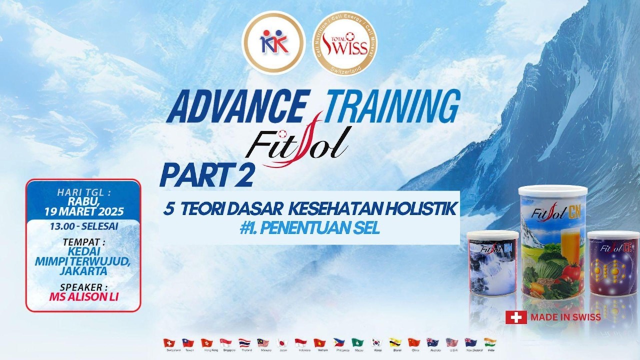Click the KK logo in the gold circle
click(x=273, y=42)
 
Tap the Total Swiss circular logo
click(x=344, y=43)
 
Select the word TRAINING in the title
click(x=392, y=105)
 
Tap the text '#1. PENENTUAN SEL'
click(x=309, y=228)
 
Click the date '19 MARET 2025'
click(x=83, y=211)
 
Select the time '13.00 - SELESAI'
click(x=83, y=226)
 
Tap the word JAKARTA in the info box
click(x=83, y=271)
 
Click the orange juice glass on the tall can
click(x=569, y=245)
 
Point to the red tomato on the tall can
click(x=571, y=272)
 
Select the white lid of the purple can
click(x=613, y=235)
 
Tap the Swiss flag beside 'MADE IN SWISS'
click(x=516, y=317)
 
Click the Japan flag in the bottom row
click(x=281, y=343)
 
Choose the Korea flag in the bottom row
click(x=376, y=343)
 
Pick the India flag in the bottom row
click(x=489, y=343)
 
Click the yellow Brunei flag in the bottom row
click(x=395, y=343)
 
